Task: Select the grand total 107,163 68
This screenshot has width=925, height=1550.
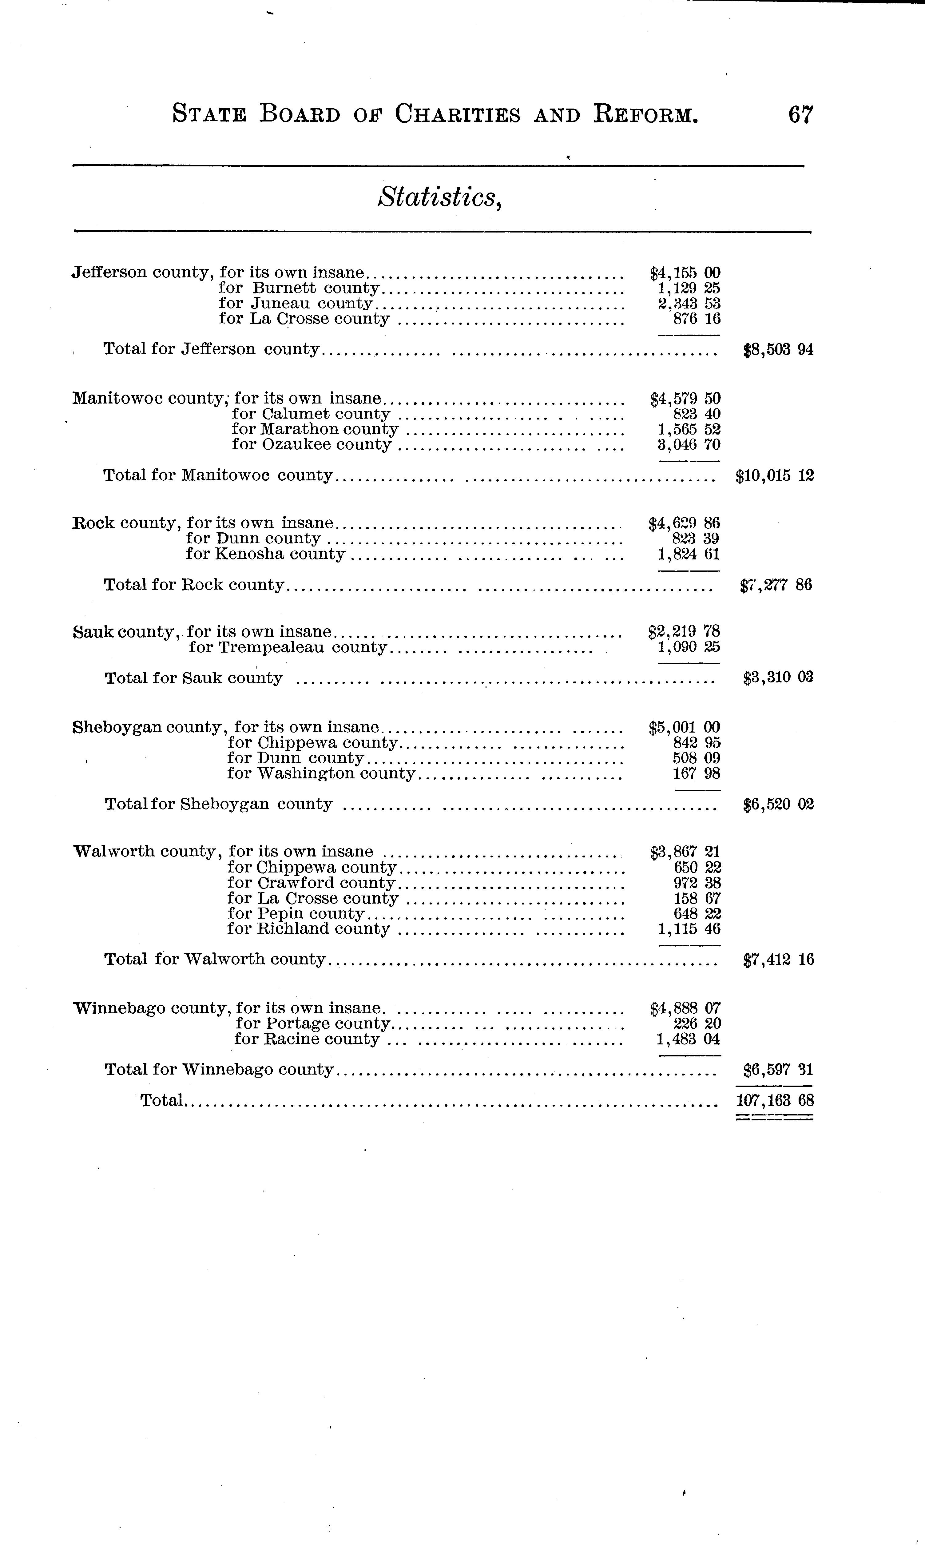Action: point(775,1100)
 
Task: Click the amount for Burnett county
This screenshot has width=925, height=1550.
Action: point(689,288)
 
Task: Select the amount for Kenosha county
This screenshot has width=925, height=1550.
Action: point(689,554)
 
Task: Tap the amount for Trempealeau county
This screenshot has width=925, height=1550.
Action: point(689,648)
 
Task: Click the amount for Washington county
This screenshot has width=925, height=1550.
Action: point(697,773)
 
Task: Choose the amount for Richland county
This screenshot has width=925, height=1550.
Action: point(689,929)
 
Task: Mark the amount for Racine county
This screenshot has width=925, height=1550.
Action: point(689,1039)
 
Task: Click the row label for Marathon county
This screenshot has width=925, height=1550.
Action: point(315,429)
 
